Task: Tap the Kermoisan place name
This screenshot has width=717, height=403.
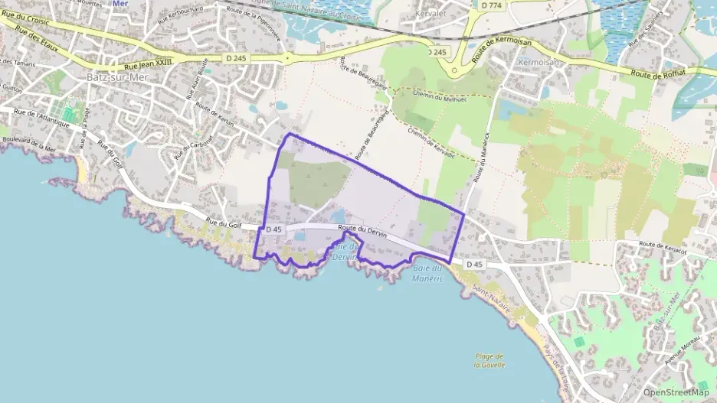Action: pos(536,61)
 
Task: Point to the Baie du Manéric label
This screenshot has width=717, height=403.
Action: pos(428,273)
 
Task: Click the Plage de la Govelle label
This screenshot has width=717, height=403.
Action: pos(489,360)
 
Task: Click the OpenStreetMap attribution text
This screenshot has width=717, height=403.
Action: pos(676,392)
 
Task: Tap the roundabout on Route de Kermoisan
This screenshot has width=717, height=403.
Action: pos(454,71)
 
